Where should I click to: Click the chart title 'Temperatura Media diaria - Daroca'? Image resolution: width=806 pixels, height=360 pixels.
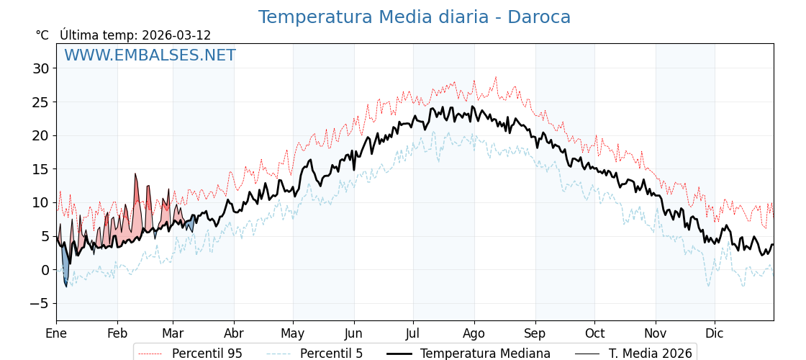414,17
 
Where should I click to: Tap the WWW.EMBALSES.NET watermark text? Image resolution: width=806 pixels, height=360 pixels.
150,55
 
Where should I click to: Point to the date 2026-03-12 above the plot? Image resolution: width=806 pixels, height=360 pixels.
176,35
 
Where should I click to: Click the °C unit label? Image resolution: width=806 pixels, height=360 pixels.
42,35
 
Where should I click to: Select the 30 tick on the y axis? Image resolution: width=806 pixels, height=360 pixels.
40,68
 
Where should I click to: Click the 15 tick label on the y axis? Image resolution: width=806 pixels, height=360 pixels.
40,169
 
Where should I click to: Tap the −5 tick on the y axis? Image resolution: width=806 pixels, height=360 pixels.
38,304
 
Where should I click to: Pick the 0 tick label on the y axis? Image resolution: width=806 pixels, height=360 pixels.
45,270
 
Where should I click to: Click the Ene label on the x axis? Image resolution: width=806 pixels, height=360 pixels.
56,333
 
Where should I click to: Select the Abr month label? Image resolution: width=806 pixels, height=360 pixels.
233,333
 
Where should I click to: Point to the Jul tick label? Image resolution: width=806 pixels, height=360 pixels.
413,333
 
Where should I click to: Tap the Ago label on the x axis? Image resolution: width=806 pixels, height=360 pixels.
474,333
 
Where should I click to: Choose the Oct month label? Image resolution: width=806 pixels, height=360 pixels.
594,333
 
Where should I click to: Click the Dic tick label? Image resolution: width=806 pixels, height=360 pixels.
715,333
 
